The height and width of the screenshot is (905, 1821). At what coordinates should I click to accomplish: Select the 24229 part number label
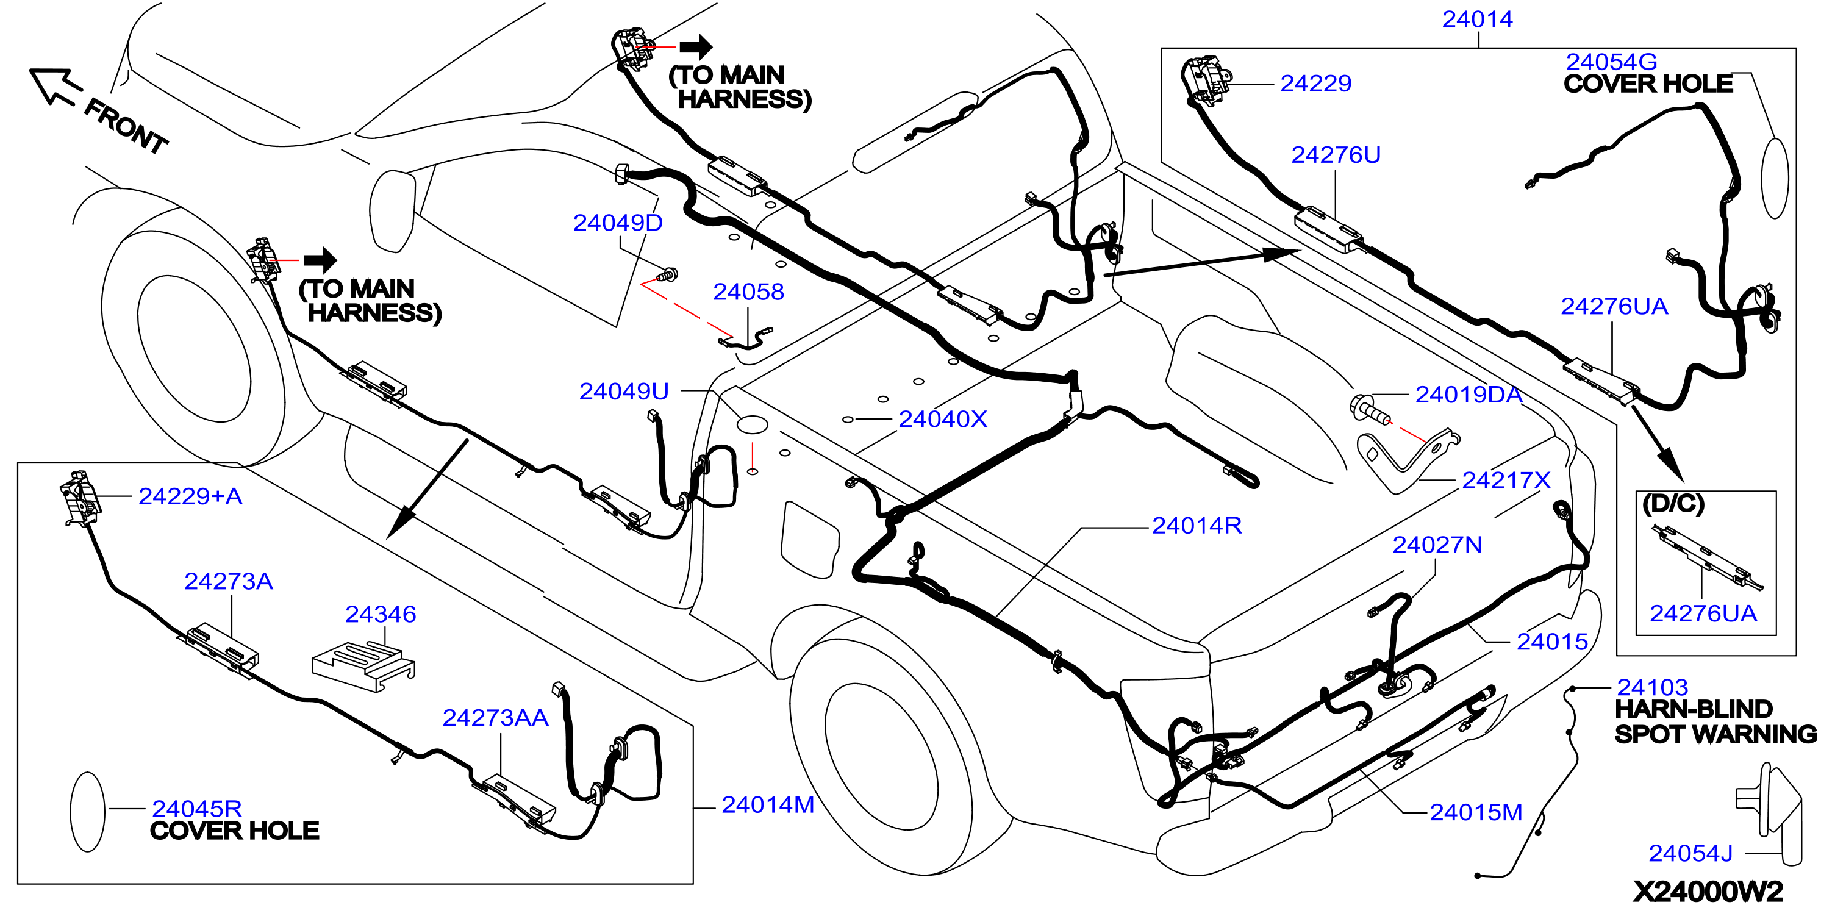(1315, 84)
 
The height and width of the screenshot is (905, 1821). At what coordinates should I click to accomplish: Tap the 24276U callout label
(1336, 155)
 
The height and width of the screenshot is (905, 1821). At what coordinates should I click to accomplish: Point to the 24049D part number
(617, 223)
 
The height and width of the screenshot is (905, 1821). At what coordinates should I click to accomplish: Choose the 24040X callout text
(942, 420)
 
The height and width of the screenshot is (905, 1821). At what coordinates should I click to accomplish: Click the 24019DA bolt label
(1469, 395)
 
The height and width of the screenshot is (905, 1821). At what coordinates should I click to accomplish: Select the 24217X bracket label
(1506, 480)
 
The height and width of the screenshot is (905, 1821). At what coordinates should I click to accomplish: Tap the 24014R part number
(1196, 525)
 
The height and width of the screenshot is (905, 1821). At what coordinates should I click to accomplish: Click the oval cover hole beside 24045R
(88, 812)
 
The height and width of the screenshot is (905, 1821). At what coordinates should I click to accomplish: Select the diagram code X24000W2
(1708, 891)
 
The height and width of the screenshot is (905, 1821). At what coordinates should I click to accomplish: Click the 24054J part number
(1690, 853)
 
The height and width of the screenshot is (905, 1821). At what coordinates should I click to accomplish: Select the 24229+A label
(190, 496)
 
